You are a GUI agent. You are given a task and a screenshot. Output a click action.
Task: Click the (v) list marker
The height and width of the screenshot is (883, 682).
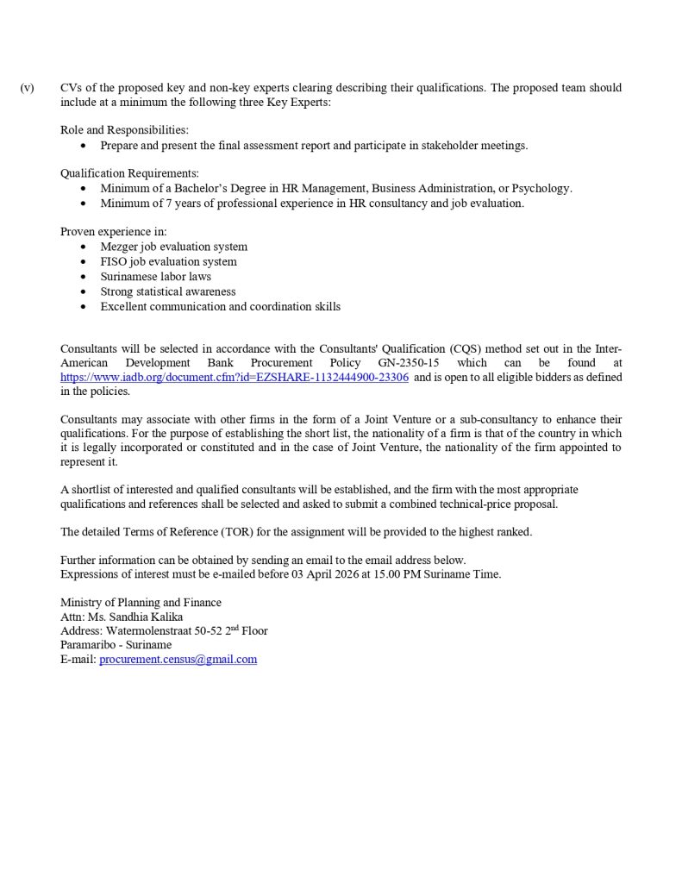[27, 88]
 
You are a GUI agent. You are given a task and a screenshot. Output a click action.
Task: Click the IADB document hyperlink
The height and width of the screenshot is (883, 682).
[235, 378]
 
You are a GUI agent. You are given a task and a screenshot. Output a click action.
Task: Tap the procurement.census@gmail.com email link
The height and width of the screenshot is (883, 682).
[178, 660]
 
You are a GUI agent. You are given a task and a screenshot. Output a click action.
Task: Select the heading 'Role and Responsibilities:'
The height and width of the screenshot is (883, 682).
[124, 130]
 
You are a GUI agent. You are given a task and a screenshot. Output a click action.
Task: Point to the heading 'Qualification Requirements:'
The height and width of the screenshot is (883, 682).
[129, 172]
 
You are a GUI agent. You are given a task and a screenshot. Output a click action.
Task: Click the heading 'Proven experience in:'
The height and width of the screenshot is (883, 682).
[114, 232]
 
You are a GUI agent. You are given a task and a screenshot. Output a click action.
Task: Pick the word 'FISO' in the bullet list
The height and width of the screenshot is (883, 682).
[114, 261]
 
